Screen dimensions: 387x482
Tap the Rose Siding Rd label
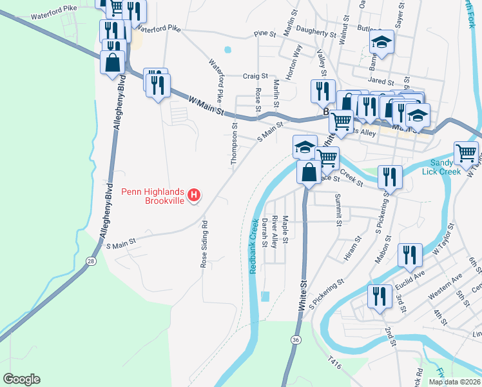(205, 245)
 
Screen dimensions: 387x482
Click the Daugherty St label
(316, 34)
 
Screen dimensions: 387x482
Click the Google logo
(21, 379)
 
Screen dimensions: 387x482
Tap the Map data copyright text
(454, 382)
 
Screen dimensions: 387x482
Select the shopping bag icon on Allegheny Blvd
(113, 63)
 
